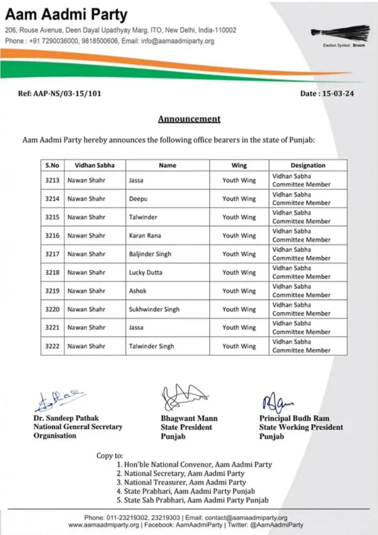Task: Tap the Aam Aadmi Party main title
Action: [66, 15]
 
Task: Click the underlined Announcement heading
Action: [189, 119]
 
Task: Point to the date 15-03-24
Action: [324, 94]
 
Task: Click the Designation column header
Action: [308, 165]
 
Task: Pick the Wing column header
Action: [239, 165]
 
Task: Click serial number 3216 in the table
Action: [52, 236]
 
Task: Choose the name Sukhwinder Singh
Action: [154, 309]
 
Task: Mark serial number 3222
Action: [52, 346]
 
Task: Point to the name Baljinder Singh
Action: [150, 254]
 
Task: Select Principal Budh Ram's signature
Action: [277, 402]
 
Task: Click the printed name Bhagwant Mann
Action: [189, 418]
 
